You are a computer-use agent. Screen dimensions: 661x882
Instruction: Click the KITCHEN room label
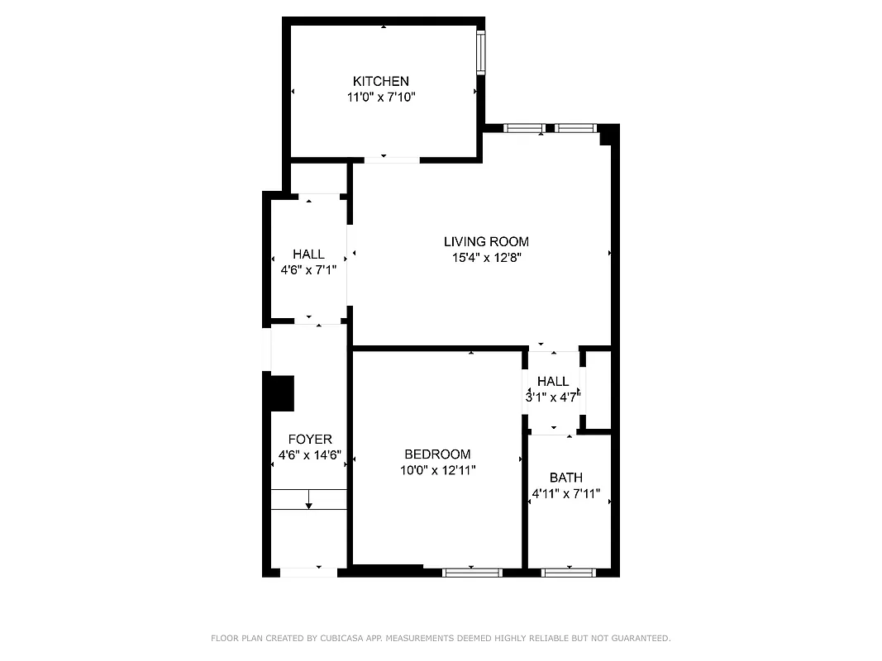coord(381,81)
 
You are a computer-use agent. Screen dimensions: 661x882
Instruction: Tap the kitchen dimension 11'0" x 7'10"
coord(381,97)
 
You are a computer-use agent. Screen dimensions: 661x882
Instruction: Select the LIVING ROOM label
coord(486,241)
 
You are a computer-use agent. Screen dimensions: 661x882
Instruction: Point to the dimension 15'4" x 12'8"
coord(486,257)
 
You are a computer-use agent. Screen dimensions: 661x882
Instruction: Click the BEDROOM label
coord(437,454)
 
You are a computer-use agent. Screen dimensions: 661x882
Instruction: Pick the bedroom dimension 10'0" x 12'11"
coord(437,470)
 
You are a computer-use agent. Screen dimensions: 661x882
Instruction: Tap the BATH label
coord(566,478)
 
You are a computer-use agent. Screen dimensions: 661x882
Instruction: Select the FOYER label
coord(310,440)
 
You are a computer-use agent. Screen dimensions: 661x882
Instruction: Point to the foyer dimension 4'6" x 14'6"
coord(310,455)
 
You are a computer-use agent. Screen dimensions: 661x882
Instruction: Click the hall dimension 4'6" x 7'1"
coord(308,269)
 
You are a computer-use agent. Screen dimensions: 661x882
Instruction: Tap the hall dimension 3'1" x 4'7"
coord(553,396)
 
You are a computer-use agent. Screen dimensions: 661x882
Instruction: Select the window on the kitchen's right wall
coord(480,53)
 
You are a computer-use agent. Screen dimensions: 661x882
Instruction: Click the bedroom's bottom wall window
coord(472,572)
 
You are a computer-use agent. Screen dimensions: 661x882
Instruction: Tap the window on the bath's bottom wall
coord(569,572)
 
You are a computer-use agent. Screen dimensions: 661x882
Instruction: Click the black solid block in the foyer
coord(283,393)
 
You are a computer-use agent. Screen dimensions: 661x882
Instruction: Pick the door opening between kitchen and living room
coord(392,159)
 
